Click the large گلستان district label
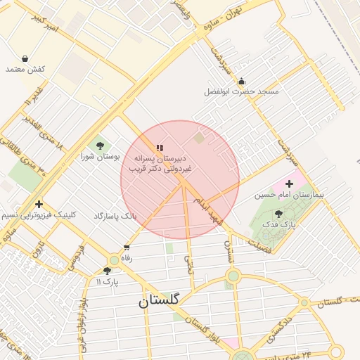tap(158, 300)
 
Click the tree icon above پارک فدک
tap(278, 213)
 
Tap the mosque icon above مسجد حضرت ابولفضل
tap(241, 81)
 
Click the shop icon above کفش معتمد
tap(25, 58)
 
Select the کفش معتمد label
tap(25, 69)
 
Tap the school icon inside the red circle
tap(160, 148)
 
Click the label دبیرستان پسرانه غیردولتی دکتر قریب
tap(159, 164)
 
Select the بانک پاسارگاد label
tap(115, 215)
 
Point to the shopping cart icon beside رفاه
tap(127, 247)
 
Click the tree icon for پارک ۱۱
tap(107, 271)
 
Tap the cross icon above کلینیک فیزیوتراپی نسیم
tap(38, 204)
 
